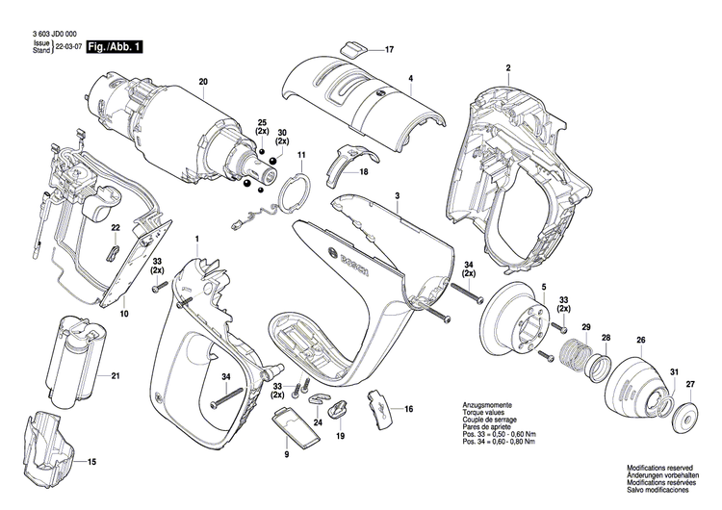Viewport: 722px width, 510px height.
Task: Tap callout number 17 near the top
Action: [390, 49]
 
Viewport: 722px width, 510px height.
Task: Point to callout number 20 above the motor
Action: [203, 81]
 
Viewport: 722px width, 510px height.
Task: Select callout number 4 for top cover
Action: [410, 77]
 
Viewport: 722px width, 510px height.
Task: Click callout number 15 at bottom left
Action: [92, 463]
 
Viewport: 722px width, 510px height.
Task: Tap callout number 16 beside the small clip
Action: [408, 409]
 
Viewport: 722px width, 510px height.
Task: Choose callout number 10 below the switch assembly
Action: [123, 313]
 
